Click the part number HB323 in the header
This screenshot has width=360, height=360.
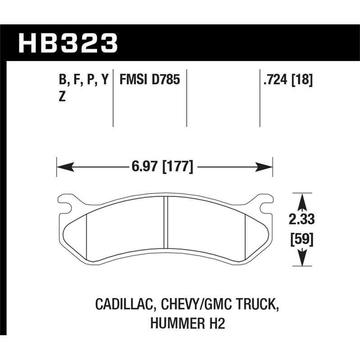click(68, 44)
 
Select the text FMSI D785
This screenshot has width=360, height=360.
click(149, 81)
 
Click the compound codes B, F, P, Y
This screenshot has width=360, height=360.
click(84, 81)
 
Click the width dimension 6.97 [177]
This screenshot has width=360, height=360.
click(163, 167)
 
